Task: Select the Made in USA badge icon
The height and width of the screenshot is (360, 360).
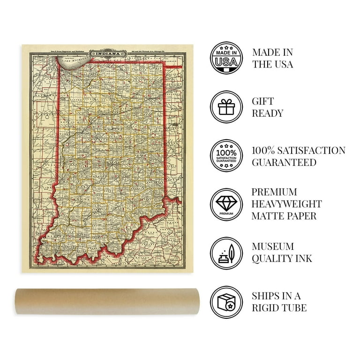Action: (226, 58)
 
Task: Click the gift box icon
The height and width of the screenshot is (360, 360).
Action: (226, 107)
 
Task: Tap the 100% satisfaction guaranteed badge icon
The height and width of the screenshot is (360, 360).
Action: (226, 156)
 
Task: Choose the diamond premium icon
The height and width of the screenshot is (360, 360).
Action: (226, 204)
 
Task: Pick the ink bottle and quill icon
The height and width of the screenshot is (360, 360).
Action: (226, 253)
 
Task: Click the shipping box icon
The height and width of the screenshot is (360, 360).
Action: (226, 302)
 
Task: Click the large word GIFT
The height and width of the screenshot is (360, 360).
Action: (263, 101)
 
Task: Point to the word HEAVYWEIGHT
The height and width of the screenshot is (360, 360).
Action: (287, 204)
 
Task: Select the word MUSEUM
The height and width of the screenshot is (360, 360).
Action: (273, 247)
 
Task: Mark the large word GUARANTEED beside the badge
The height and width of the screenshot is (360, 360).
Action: (284, 163)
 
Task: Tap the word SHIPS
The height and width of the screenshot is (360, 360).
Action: (266, 296)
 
